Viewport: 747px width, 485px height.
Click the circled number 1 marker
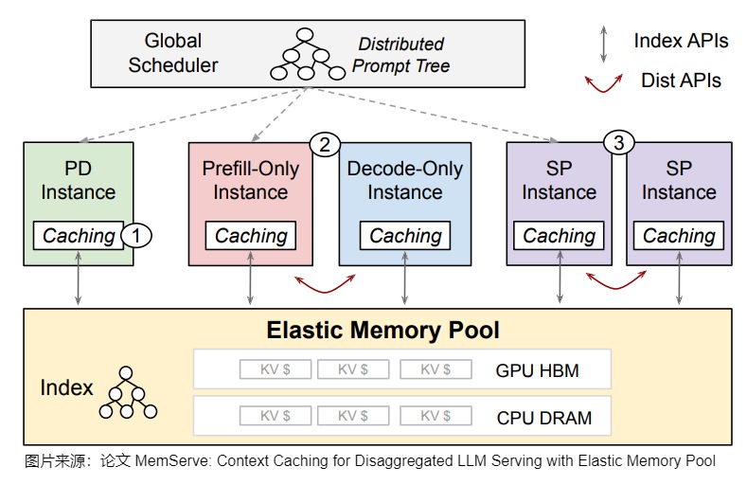pos(136,235)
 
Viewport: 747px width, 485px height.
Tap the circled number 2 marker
pos(325,144)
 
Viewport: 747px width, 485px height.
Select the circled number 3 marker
pos(618,142)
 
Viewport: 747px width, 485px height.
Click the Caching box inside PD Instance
pos(79,235)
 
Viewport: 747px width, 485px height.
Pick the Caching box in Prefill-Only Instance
pos(251,235)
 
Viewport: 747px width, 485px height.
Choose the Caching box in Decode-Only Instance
pos(405,235)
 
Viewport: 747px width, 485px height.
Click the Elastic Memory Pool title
pos(383,331)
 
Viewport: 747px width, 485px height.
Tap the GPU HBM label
pos(538,370)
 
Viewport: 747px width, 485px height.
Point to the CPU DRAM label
pos(544,418)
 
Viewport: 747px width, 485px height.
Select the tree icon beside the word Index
pos(128,393)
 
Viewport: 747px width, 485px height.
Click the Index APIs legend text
pos(681,41)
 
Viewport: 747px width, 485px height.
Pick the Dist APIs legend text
pos(681,81)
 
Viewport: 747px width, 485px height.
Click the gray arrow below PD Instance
pos(79,278)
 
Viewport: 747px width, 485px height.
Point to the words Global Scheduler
pos(173,53)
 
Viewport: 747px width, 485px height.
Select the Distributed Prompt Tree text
pos(400,55)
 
